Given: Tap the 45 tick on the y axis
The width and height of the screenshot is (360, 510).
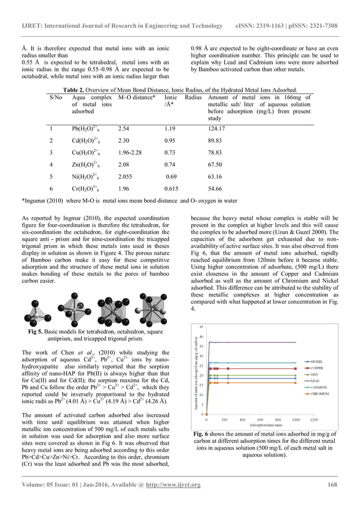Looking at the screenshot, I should tap(201, 327).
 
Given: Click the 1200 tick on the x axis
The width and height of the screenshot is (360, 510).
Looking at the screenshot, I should tap(314, 420).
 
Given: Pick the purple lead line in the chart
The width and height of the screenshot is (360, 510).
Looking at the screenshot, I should tap(254, 342).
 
